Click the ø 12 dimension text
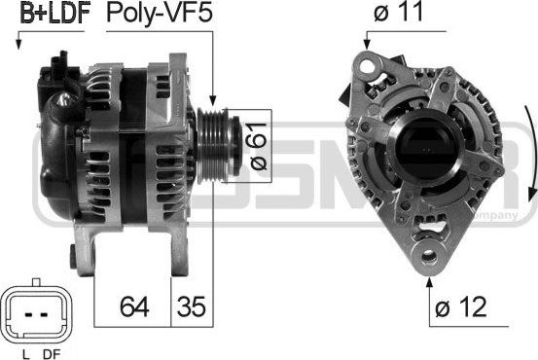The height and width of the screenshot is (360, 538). pos(462,308)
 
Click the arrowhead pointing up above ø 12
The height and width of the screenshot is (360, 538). pos(428,284)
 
